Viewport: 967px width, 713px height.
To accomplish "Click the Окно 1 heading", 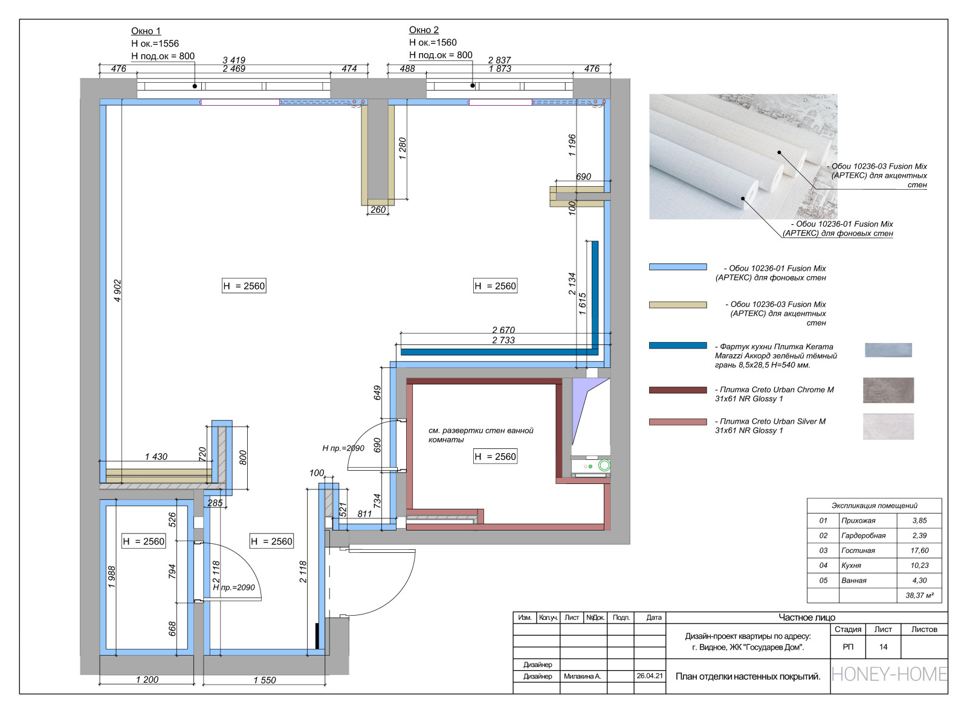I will click(146, 31).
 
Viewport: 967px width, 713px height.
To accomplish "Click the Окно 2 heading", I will click(424, 30).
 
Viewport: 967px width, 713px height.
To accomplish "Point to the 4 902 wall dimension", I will click(118, 291).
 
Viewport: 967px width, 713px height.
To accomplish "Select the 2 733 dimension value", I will click(503, 340).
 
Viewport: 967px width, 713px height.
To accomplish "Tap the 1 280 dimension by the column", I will click(403, 149).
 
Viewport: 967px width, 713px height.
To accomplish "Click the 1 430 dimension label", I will click(156, 457).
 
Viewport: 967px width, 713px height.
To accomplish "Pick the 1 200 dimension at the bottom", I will click(147, 680).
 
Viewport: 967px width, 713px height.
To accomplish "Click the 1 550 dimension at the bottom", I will click(264, 680).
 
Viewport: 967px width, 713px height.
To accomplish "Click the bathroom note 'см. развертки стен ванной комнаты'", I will click(480, 435).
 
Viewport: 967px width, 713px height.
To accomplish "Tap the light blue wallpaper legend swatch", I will click(678, 267).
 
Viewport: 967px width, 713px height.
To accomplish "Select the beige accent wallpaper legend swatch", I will click(678, 305).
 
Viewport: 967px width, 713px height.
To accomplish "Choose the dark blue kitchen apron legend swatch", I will click(678, 346).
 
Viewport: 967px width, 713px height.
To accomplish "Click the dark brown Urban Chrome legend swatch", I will click(678, 390).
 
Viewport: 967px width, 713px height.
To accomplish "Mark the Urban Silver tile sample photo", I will click(888, 426).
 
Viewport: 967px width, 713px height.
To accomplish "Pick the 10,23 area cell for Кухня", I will click(919, 566).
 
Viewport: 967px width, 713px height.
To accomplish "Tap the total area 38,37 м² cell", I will click(919, 596).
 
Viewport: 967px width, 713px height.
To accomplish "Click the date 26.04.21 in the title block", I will click(649, 676).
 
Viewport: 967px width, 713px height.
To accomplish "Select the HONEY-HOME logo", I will click(889, 674).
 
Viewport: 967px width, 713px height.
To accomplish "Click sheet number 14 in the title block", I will click(883, 647).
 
